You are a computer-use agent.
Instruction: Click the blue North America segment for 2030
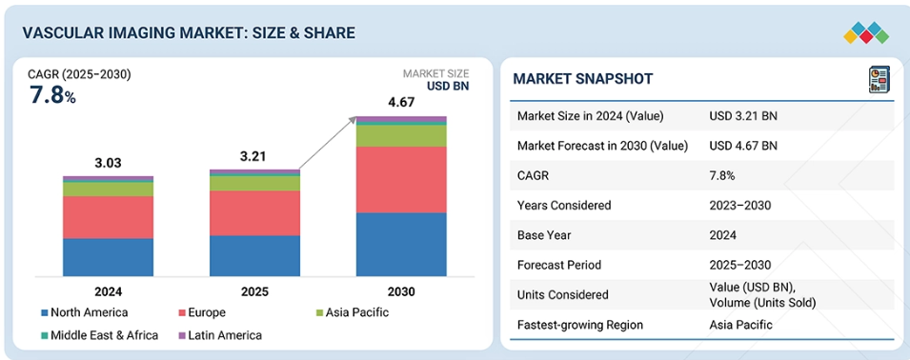[401, 244]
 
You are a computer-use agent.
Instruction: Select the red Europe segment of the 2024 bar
[108, 217]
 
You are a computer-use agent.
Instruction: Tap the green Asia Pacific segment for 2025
[254, 183]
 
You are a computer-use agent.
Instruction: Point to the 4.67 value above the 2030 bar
[401, 103]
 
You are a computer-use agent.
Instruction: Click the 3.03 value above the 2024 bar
[108, 163]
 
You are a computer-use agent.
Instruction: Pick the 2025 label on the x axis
[254, 291]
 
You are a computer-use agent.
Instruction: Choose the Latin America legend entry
[219, 335]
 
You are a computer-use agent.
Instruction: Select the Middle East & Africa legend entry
[99, 335]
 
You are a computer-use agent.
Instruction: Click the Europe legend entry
[202, 312]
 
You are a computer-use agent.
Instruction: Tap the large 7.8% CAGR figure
[52, 95]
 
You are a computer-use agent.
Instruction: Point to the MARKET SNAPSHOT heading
[582, 79]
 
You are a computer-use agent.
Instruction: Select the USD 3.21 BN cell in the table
[743, 116]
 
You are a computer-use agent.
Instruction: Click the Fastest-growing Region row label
[579, 325]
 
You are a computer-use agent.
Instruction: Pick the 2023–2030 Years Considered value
[740, 205]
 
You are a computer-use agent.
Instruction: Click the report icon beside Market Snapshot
[879, 79]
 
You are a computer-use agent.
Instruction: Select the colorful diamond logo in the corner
[866, 33]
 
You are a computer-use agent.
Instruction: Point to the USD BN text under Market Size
[448, 86]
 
